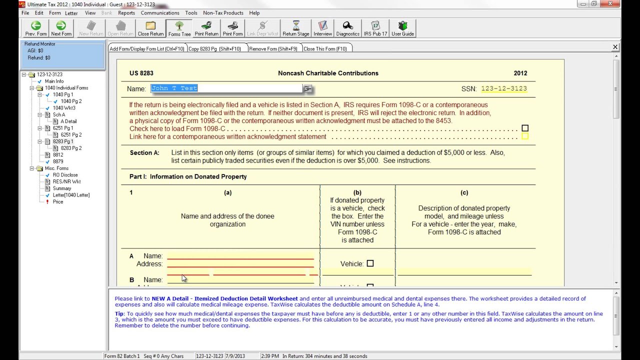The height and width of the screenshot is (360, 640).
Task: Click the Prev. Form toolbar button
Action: click(x=36, y=28)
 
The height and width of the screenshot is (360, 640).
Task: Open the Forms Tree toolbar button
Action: click(x=179, y=28)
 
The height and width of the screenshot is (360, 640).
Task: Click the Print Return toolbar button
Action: click(x=206, y=28)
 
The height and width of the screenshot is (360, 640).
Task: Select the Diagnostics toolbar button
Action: click(x=347, y=28)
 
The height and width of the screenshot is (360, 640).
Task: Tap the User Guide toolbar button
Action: click(x=402, y=28)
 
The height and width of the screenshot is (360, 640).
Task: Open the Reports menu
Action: click(x=126, y=13)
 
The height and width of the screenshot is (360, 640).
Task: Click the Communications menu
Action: click(x=160, y=13)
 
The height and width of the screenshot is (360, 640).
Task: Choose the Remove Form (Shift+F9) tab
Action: click(x=273, y=49)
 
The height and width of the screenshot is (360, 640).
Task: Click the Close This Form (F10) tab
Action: click(x=325, y=49)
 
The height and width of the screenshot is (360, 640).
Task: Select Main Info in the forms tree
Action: click(x=54, y=81)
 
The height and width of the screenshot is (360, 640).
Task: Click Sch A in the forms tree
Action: click(x=59, y=115)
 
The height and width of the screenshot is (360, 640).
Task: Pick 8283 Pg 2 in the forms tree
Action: click(x=71, y=148)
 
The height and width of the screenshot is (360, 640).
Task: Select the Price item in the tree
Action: click(x=58, y=202)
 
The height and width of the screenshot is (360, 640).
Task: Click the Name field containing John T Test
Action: click(x=226, y=88)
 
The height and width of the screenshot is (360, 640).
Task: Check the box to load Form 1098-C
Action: click(x=525, y=128)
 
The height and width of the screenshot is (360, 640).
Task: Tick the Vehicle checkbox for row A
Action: click(x=370, y=263)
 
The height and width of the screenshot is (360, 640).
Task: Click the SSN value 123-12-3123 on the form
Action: click(x=503, y=89)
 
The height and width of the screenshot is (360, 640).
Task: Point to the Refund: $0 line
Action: click(x=39, y=58)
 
